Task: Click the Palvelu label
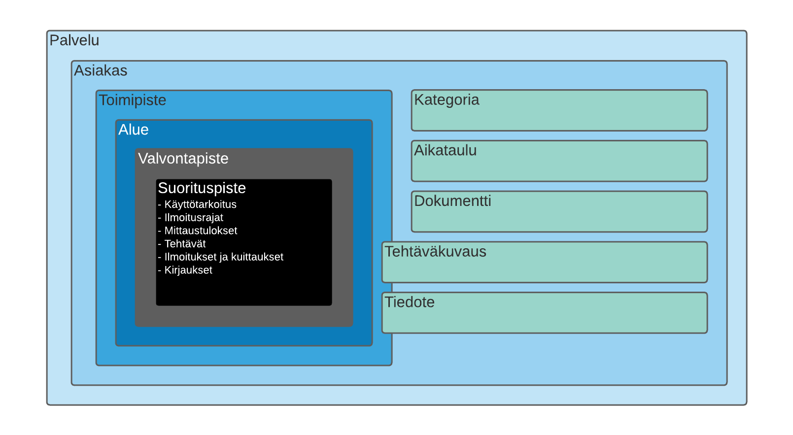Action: (74, 40)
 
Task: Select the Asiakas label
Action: (101, 70)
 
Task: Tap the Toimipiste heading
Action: (132, 100)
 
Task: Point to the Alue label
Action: (133, 130)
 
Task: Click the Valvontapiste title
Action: (183, 159)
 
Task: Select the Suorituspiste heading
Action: (202, 188)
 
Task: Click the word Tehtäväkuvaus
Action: (435, 252)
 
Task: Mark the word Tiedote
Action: (409, 302)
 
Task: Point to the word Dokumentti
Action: (452, 201)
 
